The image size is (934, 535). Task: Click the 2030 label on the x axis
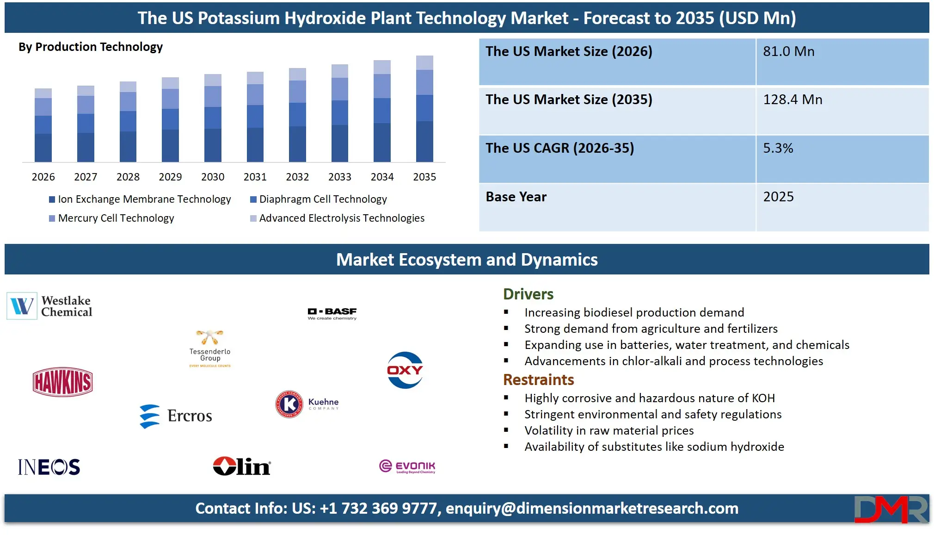213,177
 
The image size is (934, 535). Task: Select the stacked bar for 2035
424,109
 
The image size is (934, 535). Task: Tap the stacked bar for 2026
43,125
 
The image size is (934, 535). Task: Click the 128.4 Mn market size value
793,100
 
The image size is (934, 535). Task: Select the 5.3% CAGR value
778,148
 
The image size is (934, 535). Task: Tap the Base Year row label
516,197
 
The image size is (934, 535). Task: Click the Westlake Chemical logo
50,306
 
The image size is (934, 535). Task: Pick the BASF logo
332,314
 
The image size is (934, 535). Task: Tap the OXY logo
405,370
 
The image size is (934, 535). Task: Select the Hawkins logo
63,382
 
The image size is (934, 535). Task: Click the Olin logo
242,467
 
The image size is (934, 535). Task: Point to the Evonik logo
407,467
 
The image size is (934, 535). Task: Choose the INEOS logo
49,467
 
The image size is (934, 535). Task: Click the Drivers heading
528,294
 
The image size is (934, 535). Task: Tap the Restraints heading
538,379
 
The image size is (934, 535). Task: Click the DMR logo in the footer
891,509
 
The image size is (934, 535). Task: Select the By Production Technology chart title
91,47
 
